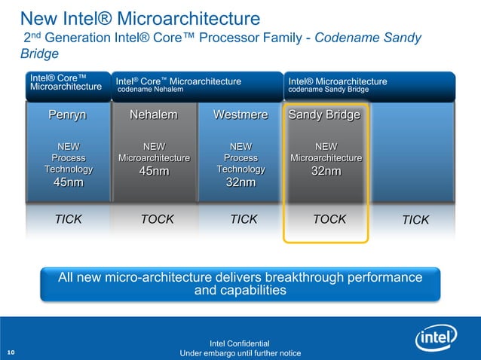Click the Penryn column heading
68,115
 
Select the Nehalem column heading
154,115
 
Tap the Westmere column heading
240,115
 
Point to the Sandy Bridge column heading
324,115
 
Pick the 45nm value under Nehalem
154,172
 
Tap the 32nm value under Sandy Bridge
326,172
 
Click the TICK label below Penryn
68,219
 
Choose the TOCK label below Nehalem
158,219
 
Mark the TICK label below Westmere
244,219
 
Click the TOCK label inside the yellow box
329,219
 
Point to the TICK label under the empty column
415,220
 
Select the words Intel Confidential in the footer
240,343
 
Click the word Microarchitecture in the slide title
188,17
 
